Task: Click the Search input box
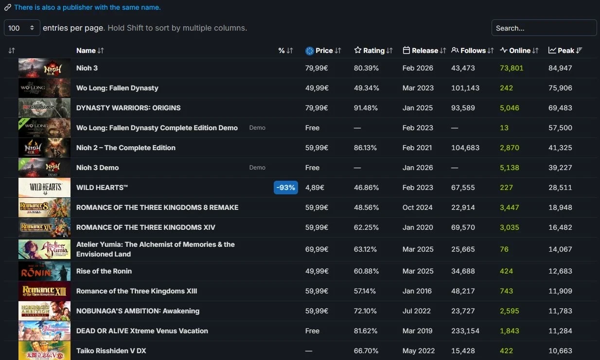coord(544,28)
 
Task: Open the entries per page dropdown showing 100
coord(22,28)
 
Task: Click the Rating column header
coord(373,51)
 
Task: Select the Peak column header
coord(565,51)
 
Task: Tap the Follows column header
coord(473,51)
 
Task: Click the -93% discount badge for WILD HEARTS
coord(286,188)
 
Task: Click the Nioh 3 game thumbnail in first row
coord(44,68)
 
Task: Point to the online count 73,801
coord(512,68)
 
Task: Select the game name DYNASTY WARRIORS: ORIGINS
coord(128,108)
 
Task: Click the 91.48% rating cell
coord(366,108)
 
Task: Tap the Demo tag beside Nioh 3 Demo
coord(257,168)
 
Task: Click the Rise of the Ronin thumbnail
coord(44,271)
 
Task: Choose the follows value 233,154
coord(465,331)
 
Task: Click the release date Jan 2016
coord(417,291)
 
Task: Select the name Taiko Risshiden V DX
coord(111,351)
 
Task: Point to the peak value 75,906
coord(560,88)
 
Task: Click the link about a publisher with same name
coord(87,7)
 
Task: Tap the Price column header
coord(324,51)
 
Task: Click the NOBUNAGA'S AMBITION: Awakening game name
coord(138,311)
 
